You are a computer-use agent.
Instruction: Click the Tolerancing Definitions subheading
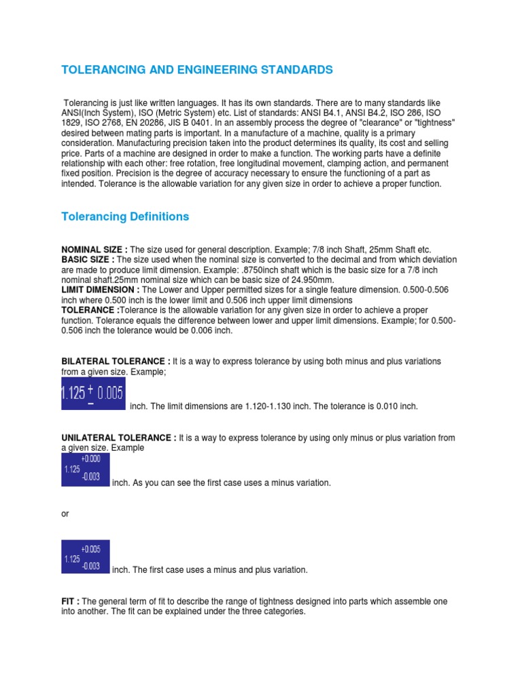click(125, 217)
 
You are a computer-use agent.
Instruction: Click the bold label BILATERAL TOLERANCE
click(116, 361)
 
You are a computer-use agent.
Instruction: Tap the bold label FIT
click(70, 602)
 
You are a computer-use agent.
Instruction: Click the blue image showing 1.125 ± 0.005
click(93, 394)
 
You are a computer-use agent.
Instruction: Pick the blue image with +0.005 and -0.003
click(85, 557)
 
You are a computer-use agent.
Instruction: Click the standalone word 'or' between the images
click(65, 514)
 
